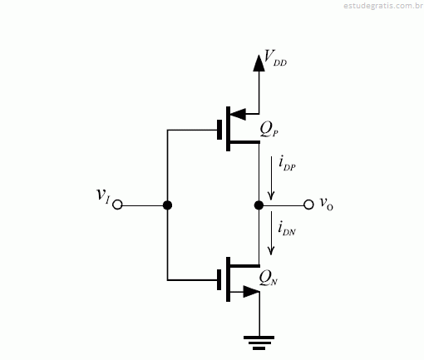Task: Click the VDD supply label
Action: tap(275, 58)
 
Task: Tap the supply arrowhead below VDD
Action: tap(259, 63)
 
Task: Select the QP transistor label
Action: tap(269, 130)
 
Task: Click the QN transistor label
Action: tap(269, 278)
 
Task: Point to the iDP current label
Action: tap(287, 164)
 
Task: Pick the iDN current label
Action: tap(287, 229)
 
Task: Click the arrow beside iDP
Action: tap(271, 178)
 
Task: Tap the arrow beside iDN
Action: tap(271, 233)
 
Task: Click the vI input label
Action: tap(103, 195)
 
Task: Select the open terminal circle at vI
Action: tap(117, 205)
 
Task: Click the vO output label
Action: tap(326, 204)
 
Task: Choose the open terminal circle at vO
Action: tap(308, 205)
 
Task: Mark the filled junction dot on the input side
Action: tap(167, 205)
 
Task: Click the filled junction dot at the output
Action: tap(259, 205)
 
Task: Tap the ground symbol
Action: tap(259, 343)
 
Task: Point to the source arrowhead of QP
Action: tap(239, 114)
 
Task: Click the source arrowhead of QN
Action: tap(252, 292)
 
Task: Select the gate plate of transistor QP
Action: tap(219, 130)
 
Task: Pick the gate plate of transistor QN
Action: tap(219, 279)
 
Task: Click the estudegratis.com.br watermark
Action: tap(383, 6)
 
